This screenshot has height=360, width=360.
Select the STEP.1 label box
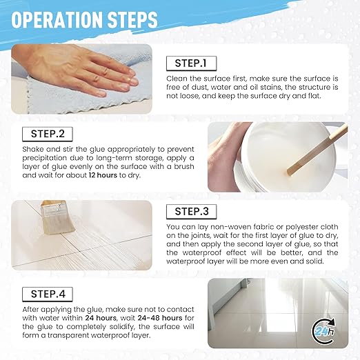[195, 63]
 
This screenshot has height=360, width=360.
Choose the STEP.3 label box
[195, 210]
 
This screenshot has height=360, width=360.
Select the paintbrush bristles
[53, 224]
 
